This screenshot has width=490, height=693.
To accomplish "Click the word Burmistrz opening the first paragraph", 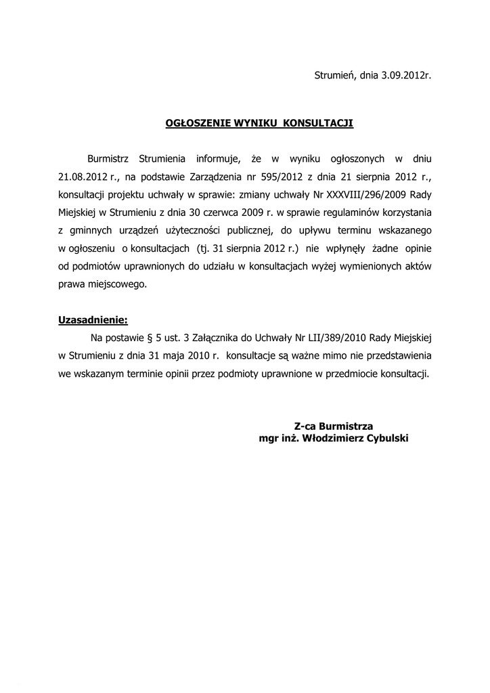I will click(x=110, y=159).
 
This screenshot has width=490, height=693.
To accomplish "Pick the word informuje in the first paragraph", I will click(x=219, y=159).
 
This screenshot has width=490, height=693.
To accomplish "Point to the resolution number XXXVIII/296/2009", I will click(x=367, y=195).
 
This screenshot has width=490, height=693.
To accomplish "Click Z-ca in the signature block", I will click(x=307, y=426).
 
